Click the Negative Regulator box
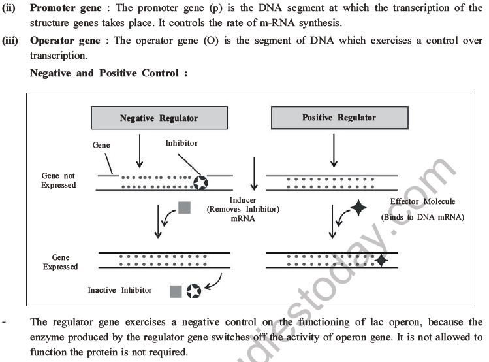tap(159, 118)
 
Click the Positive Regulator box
tap(339, 118)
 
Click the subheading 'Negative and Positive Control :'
tap(109, 73)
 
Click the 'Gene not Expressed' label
tap(59, 180)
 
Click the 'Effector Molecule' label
tap(422, 201)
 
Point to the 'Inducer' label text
tap(243, 200)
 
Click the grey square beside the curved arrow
tap(185, 208)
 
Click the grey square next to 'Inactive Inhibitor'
tap(175, 290)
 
